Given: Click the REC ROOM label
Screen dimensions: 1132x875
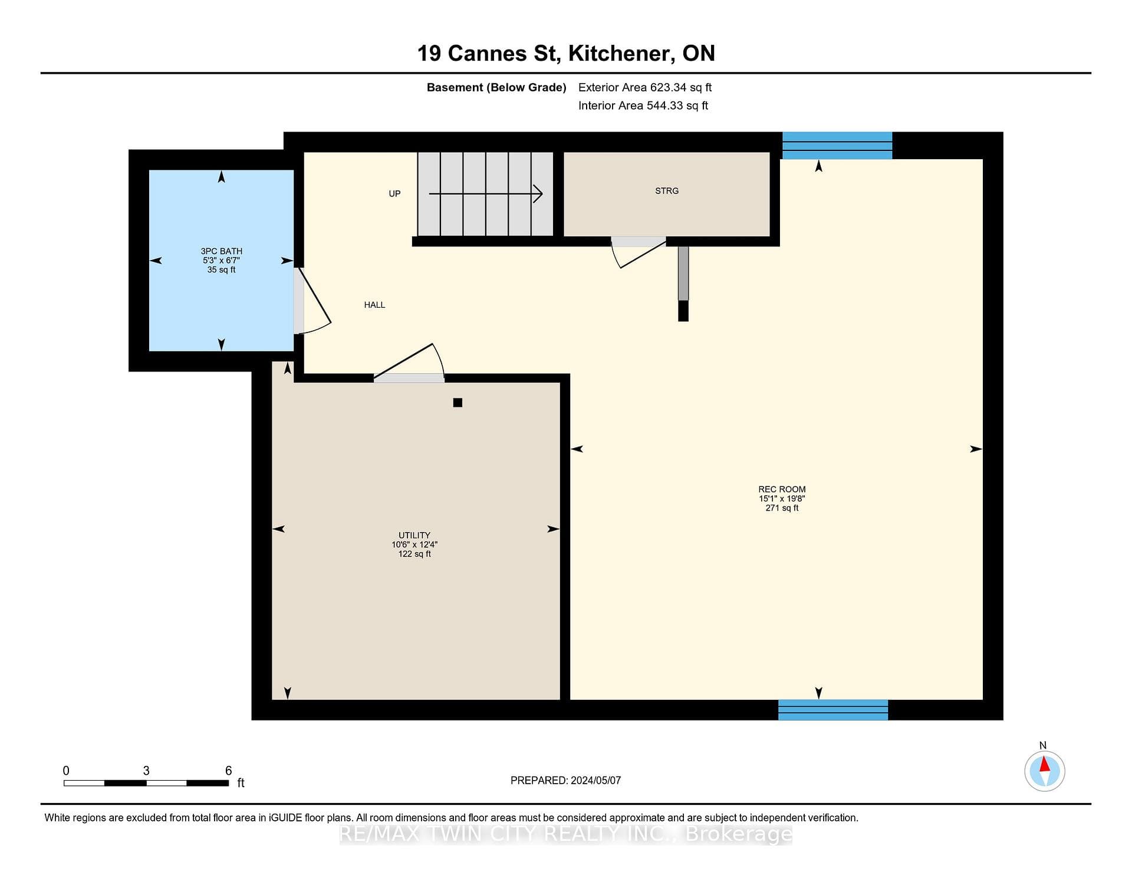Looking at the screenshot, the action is [782, 489].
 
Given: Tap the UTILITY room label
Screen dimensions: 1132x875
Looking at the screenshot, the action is [414, 535].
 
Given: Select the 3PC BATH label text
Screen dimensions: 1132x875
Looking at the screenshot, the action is [221, 251].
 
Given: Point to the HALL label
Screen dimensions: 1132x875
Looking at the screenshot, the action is [374, 305].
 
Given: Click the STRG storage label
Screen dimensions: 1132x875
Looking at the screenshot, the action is [667, 191].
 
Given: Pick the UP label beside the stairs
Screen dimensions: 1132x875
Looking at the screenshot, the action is [394, 194].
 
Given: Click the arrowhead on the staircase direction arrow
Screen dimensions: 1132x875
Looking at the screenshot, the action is [538, 193].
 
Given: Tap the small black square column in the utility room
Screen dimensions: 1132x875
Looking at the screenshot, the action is [458, 403].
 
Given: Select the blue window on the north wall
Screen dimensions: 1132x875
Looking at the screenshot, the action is [837, 146].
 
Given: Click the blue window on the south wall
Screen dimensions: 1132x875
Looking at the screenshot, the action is [833, 710].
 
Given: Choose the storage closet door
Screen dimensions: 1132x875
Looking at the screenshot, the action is [639, 253].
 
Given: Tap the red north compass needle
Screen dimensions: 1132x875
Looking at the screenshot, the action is [1045, 764].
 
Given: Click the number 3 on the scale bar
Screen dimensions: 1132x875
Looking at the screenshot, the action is [146, 771].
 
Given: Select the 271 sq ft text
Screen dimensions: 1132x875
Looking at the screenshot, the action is [782, 508].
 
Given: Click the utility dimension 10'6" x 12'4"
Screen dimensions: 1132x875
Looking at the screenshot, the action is [414, 545].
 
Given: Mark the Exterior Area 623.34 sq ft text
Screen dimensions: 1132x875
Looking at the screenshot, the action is [645, 87].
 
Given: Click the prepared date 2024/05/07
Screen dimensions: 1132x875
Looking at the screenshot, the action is [595, 780].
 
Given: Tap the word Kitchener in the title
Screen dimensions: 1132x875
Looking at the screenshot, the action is [618, 54].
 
